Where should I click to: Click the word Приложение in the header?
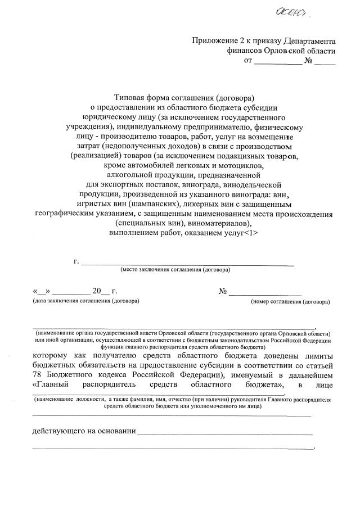(x=214, y=41)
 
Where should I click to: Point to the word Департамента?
(x=309, y=41)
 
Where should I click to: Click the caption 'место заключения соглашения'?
(x=174, y=269)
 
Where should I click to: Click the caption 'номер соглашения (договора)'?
(x=290, y=301)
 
